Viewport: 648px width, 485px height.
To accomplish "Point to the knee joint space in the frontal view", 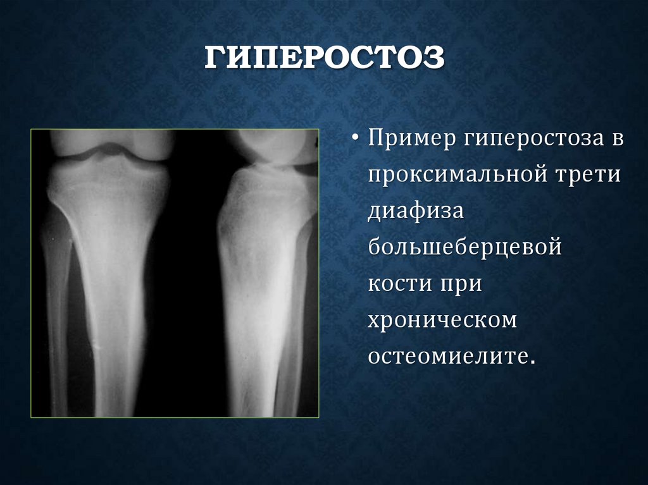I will point(111,154).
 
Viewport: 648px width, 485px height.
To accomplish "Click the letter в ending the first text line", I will point(616,138).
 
